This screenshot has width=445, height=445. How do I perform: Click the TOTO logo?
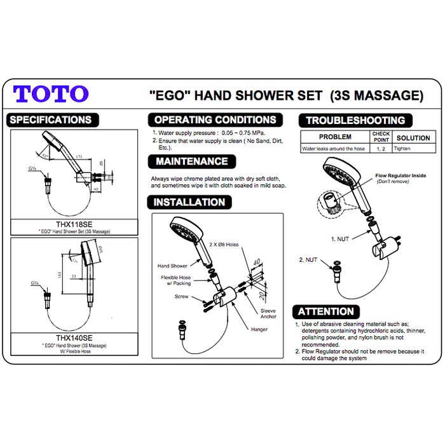pos(51,93)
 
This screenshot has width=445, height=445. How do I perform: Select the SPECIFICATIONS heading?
pos(51,120)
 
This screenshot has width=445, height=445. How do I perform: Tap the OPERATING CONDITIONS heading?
pos(216,120)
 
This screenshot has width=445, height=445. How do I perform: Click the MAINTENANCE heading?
pos(191,161)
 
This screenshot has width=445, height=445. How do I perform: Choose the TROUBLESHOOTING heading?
pos(355,120)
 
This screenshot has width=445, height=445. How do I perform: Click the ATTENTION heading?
pos(325,311)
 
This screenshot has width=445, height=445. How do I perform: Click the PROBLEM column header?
pos(335,137)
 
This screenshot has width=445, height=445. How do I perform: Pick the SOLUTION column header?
pos(413,138)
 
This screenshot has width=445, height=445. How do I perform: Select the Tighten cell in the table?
pos(402,148)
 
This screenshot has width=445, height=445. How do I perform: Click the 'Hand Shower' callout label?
pos(172,266)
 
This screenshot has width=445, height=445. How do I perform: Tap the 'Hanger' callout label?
pos(259,329)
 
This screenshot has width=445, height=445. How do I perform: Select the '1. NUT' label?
pos(341,239)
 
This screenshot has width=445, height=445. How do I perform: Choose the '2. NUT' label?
pos(309,260)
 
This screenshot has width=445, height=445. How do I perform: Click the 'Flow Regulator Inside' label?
pos(400,175)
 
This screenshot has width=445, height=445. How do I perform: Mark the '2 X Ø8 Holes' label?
pos(228,244)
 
